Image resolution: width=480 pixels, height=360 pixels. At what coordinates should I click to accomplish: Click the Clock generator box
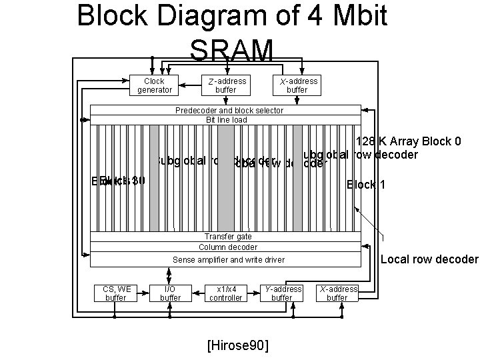[155, 85]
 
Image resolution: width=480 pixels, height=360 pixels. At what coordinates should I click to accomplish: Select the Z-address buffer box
[226, 85]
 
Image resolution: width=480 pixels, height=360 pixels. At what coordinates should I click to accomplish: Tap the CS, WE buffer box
[116, 293]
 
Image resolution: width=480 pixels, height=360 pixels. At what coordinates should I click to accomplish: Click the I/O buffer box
[170, 293]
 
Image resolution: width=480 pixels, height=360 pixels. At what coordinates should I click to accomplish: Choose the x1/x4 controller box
[226, 293]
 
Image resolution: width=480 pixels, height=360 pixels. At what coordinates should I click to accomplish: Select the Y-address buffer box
[281, 293]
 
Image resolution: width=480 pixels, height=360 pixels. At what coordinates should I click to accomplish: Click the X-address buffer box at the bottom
[337, 293]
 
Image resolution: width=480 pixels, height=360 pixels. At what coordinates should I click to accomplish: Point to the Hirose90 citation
[239, 345]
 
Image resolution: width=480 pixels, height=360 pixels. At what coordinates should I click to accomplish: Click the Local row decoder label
[429, 259]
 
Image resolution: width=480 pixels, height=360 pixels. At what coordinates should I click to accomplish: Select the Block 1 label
[365, 185]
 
